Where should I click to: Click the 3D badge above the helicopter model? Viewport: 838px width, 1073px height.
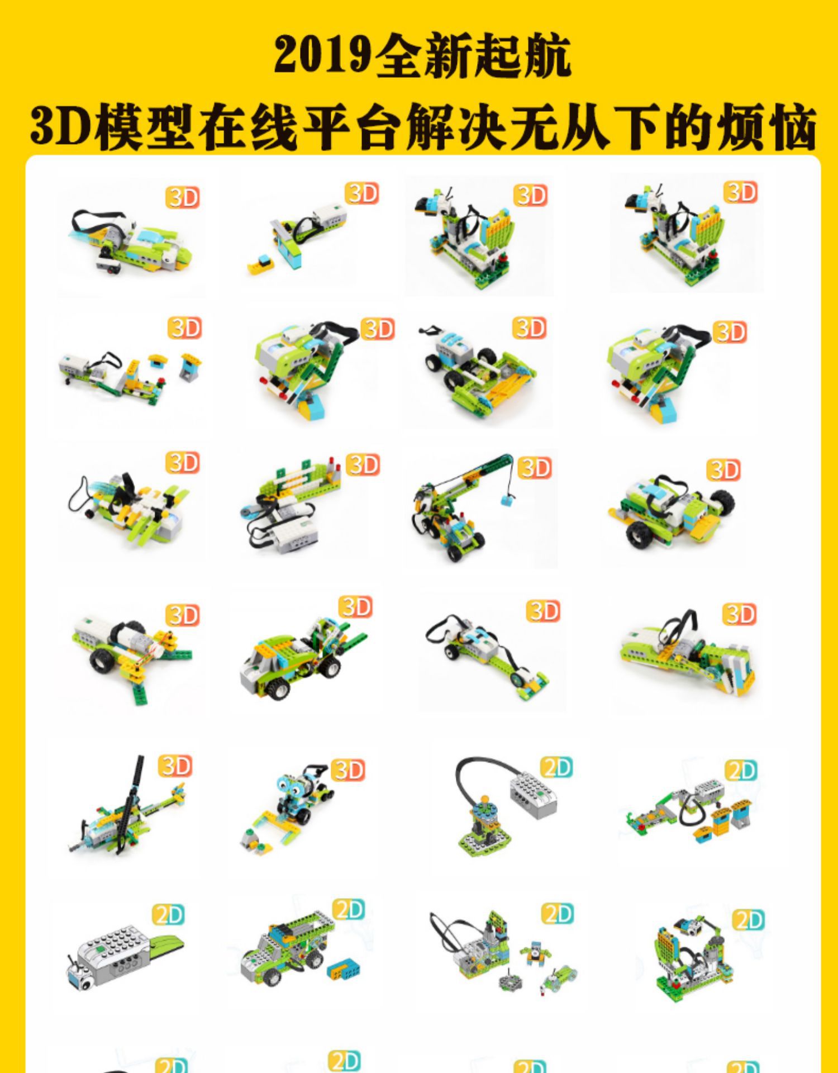coord(175,766)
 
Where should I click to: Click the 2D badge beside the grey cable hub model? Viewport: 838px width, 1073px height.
coord(557,768)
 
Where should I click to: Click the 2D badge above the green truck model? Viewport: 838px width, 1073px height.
coord(349,910)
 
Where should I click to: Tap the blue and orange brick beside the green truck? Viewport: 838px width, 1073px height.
coord(344,971)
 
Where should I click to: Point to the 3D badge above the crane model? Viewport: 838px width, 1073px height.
coord(535,468)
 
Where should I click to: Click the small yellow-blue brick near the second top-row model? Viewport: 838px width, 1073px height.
coord(260,264)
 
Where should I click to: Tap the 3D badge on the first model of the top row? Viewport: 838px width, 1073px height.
coord(183,197)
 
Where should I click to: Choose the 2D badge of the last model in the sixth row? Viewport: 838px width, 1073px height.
coord(748,919)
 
